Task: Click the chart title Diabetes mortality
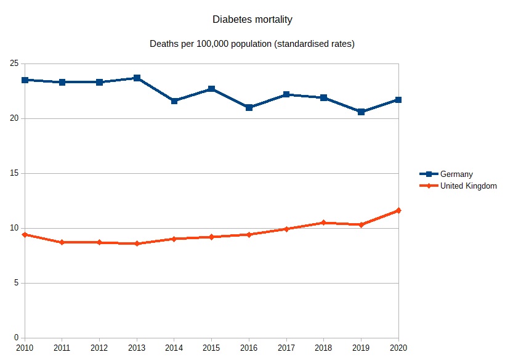tap(252, 20)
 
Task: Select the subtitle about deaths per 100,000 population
tap(252, 44)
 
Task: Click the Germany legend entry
tap(456, 174)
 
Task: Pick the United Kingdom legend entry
tap(468, 186)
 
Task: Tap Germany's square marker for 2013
tap(137, 78)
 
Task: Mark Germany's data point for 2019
tap(362, 112)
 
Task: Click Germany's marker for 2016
tap(249, 107)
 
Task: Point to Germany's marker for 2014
tap(174, 101)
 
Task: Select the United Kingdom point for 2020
tap(398, 211)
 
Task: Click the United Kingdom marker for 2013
tap(137, 243)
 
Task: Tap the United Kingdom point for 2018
tap(324, 223)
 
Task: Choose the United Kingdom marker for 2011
tap(62, 242)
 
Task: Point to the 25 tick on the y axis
tap(13, 63)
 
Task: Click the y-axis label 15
tap(13, 173)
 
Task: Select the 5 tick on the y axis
tap(15, 283)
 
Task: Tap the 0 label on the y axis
tap(15, 338)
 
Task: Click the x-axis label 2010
tap(25, 348)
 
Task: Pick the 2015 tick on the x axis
tap(211, 348)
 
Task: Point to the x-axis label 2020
tap(398, 348)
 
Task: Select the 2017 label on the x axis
tap(286, 348)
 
